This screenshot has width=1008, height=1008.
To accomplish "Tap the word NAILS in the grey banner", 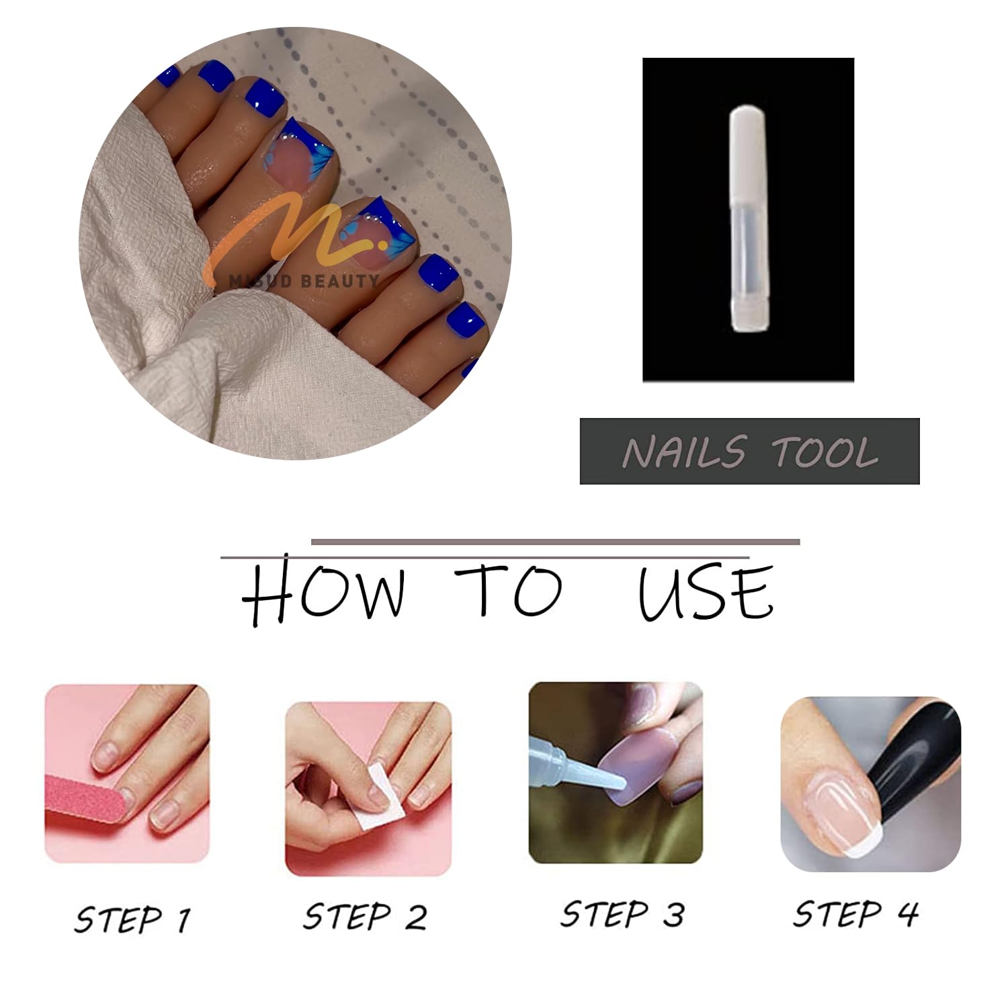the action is (x=684, y=452).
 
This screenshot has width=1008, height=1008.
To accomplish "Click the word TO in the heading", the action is (x=509, y=591).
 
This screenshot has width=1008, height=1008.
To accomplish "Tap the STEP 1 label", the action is (x=132, y=919).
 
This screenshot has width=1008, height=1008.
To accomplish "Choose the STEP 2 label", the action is (x=365, y=917).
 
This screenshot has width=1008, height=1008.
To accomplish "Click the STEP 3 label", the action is (x=623, y=914).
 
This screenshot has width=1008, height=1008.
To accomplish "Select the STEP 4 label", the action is (x=855, y=913).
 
